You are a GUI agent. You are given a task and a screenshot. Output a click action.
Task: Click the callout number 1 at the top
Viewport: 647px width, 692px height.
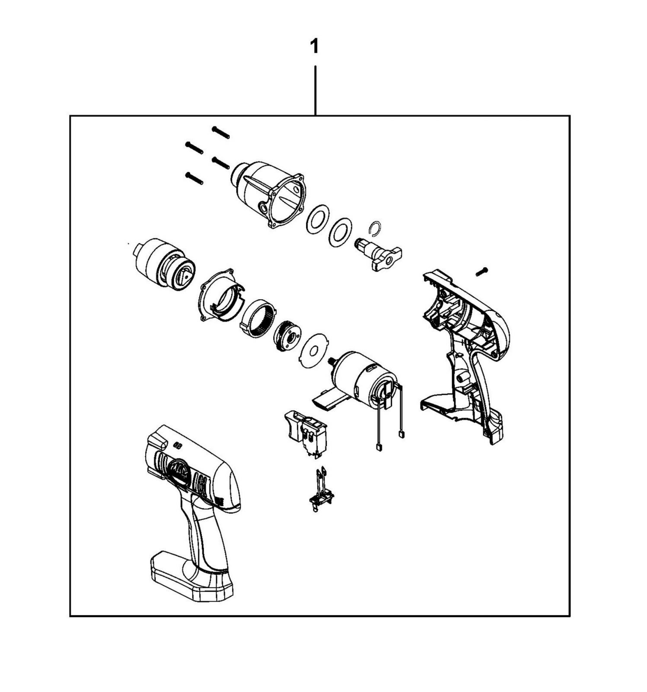(x=315, y=46)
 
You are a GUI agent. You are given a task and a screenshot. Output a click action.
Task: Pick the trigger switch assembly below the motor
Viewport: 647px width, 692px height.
(x=306, y=434)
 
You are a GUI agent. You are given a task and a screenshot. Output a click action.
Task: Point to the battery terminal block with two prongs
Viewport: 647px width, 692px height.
(x=321, y=490)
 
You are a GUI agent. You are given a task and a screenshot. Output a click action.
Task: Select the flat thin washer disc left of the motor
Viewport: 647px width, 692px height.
(x=314, y=351)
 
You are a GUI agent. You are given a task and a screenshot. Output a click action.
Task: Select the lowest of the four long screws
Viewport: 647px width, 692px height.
(x=194, y=178)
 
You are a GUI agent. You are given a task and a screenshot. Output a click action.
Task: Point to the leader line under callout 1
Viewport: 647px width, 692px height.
(x=315, y=90)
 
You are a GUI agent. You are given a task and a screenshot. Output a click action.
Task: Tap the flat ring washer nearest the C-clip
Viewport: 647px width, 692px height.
(x=340, y=232)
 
